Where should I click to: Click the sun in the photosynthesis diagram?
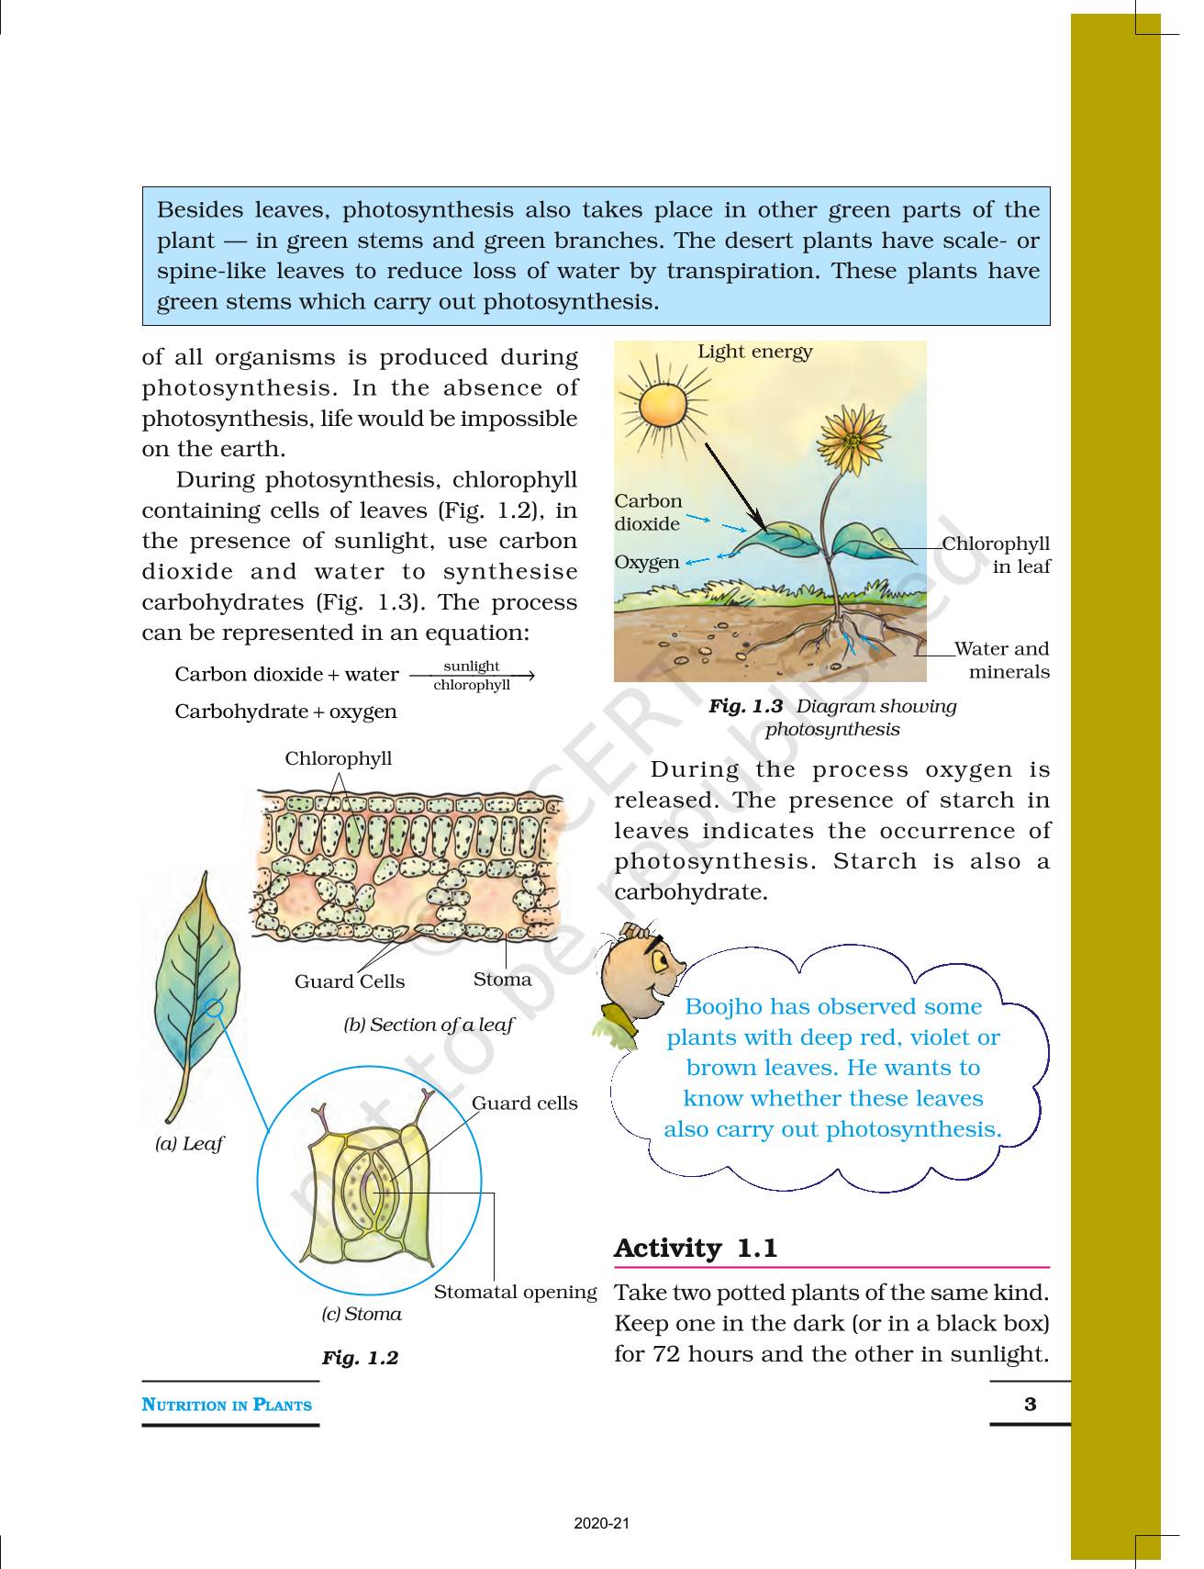tap(663, 405)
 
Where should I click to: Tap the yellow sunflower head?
tap(853, 438)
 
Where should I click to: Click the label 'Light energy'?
tap(754, 352)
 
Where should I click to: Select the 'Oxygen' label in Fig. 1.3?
tap(647, 562)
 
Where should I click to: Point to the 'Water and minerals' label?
tap(1002, 660)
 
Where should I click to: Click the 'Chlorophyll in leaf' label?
tap(998, 555)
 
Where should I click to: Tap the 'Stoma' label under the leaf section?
tap(502, 980)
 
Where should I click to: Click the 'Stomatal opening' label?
tap(515, 1292)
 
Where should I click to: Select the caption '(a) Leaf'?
tap(189, 1144)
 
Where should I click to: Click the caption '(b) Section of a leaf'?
tap(429, 1025)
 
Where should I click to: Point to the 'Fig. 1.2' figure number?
tap(360, 1358)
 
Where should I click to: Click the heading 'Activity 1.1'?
tap(696, 1249)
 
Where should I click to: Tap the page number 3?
tap(1030, 1404)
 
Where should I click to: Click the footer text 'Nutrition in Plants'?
tap(227, 1405)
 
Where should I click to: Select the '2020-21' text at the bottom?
tap(602, 1524)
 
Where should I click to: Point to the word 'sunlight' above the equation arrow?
tap(471, 666)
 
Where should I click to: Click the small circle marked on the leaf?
tap(214, 1008)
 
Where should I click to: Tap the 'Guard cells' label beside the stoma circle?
tap(524, 1104)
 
